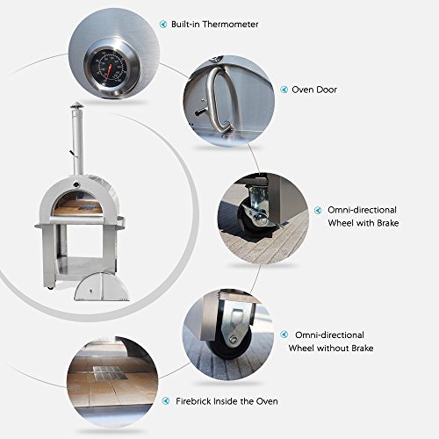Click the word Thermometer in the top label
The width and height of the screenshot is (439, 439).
(231, 24)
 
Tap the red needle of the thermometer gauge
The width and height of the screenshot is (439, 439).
(109, 72)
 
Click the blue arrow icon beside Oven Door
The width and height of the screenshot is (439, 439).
(284, 90)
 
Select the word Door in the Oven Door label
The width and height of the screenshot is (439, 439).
(326, 90)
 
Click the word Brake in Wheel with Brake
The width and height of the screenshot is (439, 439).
(388, 223)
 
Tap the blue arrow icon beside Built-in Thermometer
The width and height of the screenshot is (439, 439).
(163, 24)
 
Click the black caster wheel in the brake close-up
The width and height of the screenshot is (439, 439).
(248, 218)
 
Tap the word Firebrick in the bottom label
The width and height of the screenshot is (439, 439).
(193, 401)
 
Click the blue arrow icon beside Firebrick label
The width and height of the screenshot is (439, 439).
(166, 401)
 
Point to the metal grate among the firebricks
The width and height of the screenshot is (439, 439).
(107, 373)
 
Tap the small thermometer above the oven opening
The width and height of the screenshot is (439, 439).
(76, 184)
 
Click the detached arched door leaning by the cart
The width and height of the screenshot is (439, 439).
(102, 287)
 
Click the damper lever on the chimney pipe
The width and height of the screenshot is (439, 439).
(72, 153)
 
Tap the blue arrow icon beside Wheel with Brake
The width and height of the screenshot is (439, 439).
(318, 210)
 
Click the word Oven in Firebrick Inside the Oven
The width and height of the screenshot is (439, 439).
(267, 401)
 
